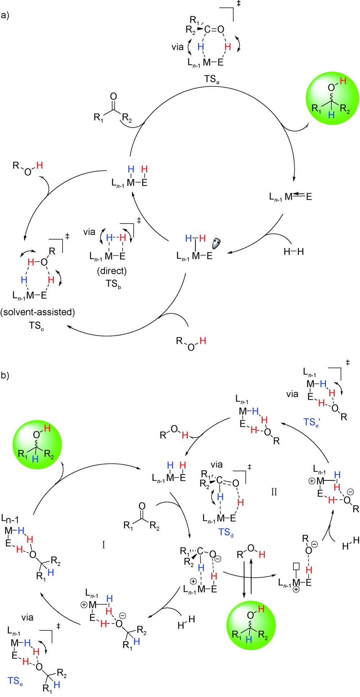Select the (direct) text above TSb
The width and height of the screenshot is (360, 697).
click(112, 270)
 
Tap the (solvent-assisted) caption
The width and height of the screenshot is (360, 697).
click(38, 312)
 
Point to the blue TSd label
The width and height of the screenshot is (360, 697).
click(226, 532)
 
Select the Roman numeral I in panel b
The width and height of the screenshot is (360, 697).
click(104, 545)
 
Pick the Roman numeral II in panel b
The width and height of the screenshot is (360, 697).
click(274, 492)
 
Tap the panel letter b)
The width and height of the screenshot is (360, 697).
click(5, 376)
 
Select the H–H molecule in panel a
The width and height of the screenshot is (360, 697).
click(293, 252)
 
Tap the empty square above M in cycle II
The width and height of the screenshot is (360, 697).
click(297, 566)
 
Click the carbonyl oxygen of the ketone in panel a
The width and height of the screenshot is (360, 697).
click(113, 96)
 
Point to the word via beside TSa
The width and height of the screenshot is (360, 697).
click(177, 47)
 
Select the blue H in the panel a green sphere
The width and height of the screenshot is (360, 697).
click(332, 115)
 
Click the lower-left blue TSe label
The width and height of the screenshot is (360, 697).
click(15, 681)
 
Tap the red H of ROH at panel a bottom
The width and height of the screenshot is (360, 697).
click(203, 341)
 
